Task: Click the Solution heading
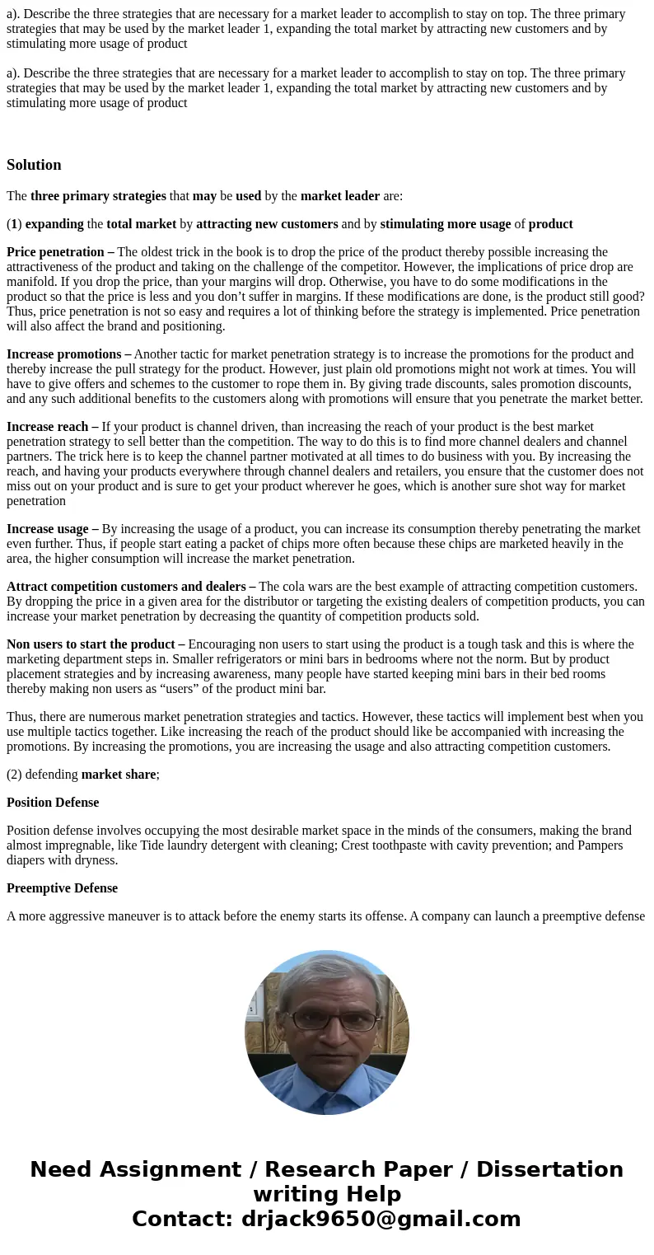click(x=34, y=165)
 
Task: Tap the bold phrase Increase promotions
click(x=64, y=354)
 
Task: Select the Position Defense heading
click(x=53, y=803)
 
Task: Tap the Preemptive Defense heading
click(x=62, y=888)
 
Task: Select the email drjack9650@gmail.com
click(x=381, y=1220)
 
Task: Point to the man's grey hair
click(x=328, y=976)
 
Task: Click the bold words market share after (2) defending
click(x=119, y=775)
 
